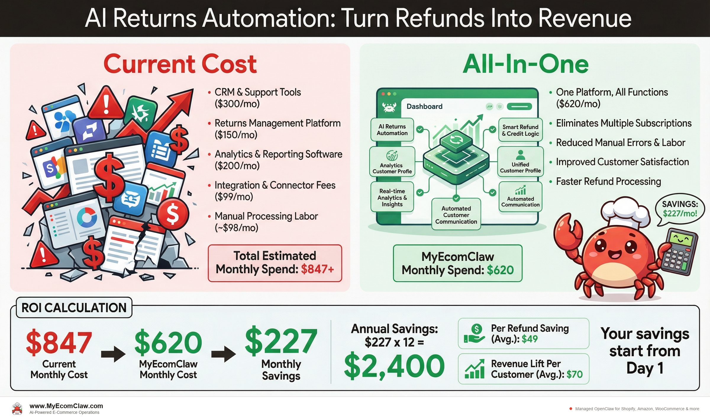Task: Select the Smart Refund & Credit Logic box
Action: (520, 130)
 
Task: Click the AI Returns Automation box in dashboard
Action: (392, 130)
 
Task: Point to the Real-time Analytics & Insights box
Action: (392, 198)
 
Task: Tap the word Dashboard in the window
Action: (424, 107)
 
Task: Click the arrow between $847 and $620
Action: (113, 354)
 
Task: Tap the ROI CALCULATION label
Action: (74, 308)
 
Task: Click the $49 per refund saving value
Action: (530, 339)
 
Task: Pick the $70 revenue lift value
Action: (574, 374)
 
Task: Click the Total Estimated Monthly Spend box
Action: (275, 263)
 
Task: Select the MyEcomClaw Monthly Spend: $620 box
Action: (457, 263)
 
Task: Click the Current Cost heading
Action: (180, 64)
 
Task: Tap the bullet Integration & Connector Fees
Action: (275, 185)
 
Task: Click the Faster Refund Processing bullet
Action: (608, 181)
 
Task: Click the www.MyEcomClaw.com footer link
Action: (66, 406)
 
